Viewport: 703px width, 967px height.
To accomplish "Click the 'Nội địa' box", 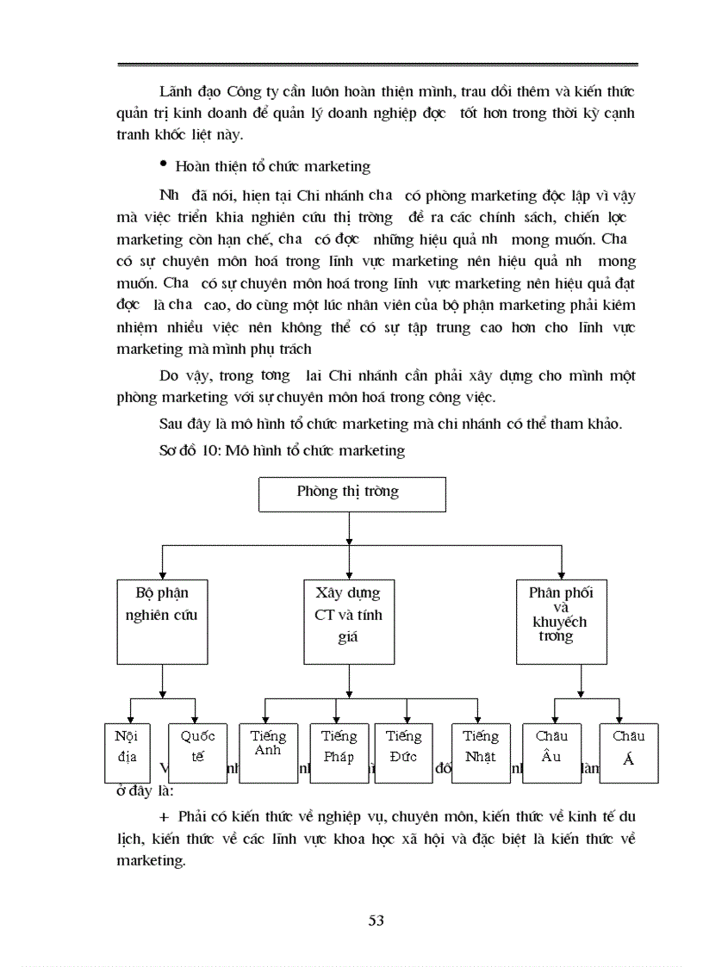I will click(126, 752).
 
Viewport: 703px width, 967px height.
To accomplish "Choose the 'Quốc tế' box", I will click(197, 752).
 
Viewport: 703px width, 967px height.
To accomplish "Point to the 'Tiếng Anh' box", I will click(268, 752).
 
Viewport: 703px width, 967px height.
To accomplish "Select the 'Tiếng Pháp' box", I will click(339, 752).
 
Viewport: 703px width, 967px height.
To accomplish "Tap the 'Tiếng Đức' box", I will click(402, 752).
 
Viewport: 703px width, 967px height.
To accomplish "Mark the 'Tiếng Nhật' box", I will click(480, 752).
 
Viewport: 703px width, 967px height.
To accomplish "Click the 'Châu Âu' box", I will click(551, 752).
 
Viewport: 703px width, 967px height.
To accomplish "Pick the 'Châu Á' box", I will click(628, 752).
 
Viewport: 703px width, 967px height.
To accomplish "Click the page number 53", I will click(376, 921).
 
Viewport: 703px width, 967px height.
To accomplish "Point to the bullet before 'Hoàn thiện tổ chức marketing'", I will click(163, 164).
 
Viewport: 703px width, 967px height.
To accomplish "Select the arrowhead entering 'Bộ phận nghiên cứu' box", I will click(162, 574).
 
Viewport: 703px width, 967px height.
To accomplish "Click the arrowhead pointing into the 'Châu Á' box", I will click(619, 719).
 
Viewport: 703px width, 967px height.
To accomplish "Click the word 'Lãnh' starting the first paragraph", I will click(175, 91).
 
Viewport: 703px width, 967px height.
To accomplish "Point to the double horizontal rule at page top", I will click(377, 65).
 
